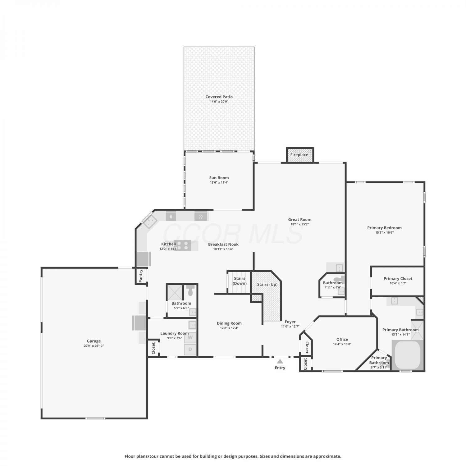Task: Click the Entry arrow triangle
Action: pyautogui.click(x=280, y=361)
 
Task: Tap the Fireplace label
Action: pyautogui.click(x=299, y=155)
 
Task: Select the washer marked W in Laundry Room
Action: pyautogui.click(x=190, y=337)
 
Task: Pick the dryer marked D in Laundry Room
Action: pyautogui.click(x=190, y=349)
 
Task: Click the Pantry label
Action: pyautogui.click(x=141, y=276)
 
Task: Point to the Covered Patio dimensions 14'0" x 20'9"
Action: pyautogui.click(x=219, y=102)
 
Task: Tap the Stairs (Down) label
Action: pyautogui.click(x=240, y=281)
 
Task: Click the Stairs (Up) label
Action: pyautogui.click(x=267, y=284)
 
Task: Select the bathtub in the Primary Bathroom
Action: pyautogui.click(x=408, y=355)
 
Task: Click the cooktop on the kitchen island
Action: pyautogui.click(x=182, y=245)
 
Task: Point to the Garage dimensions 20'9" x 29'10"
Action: pyautogui.click(x=94, y=346)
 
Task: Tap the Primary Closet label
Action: pyautogui.click(x=398, y=279)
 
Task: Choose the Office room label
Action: pyautogui.click(x=342, y=340)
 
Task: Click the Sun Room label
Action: pyautogui.click(x=219, y=178)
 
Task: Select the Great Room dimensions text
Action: pyautogui.click(x=299, y=224)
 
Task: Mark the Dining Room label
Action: pyautogui.click(x=229, y=323)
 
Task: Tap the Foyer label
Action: pyautogui.click(x=290, y=322)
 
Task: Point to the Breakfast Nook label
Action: pyautogui.click(x=223, y=244)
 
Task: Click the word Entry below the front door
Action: pyautogui.click(x=280, y=368)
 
